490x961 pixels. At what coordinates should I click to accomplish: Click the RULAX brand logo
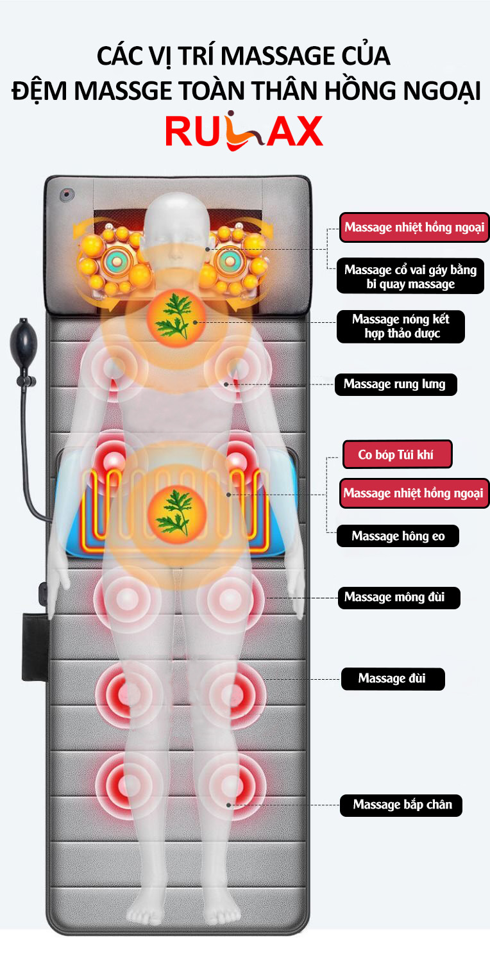pyautogui.click(x=244, y=131)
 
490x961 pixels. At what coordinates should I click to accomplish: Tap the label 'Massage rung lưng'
pyautogui.click(x=395, y=384)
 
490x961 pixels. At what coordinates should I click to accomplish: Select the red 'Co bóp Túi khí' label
pyautogui.click(x=397, y=455)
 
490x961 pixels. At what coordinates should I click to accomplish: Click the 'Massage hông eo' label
pyautogui.click(x=398, y=536)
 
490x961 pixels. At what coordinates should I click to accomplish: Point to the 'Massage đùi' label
pyautogui.click(x=392, y=678)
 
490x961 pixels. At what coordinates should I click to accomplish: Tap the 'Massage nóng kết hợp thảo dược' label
pyautogui.click(x=400, y=326)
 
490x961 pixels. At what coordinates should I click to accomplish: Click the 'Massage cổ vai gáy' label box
pyautogui.click(x=410, y=276)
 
